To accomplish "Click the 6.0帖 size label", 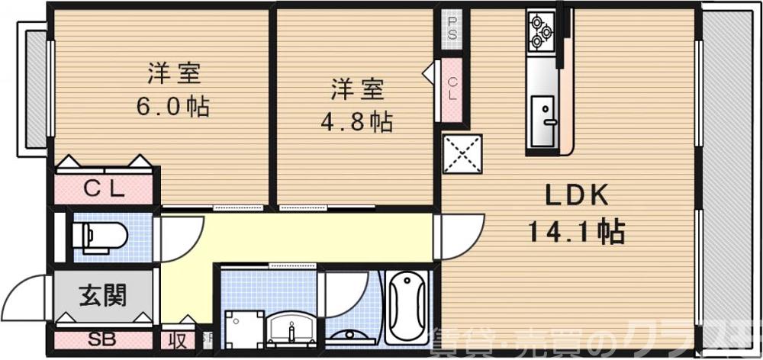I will (x=172, y=106).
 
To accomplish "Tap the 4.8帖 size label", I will (x=362, y=121).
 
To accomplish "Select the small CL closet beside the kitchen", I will (x=452, y=88).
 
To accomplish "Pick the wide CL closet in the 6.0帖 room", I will (x=104, y=188).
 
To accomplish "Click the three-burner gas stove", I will (x=542, y=31).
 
